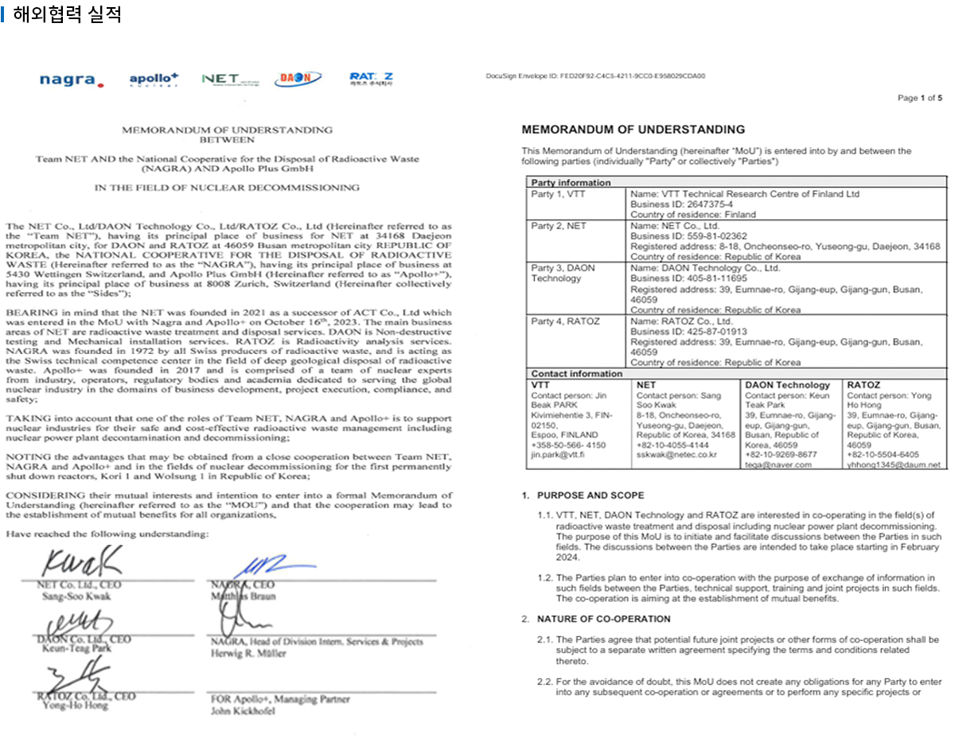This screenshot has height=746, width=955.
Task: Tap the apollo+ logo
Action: point(154,80)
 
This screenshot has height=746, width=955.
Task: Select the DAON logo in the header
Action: point(298,79)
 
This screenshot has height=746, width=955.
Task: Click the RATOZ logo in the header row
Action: point(371,79)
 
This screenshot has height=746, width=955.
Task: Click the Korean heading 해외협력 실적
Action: point(67,14)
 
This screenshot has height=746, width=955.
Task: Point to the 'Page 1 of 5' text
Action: point(919,98)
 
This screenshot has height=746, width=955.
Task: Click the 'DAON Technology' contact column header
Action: point(787,385)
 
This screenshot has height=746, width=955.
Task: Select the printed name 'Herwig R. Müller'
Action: point(248,653)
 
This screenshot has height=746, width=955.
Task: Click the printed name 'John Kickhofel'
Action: point(244,711)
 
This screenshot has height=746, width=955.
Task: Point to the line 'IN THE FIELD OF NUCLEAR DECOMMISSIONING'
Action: point(227,188)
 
